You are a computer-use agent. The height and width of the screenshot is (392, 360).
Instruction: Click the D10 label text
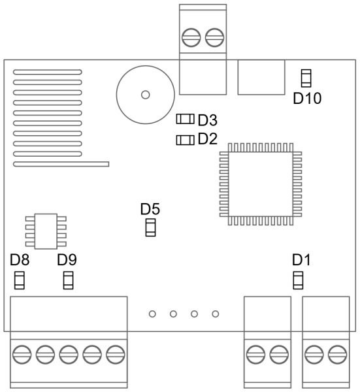point(307,98)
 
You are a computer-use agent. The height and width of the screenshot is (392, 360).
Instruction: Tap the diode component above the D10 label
point(306,78)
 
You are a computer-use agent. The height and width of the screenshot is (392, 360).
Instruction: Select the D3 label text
point(208,120)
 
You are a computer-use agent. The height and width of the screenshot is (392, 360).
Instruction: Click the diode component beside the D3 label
point(186,119)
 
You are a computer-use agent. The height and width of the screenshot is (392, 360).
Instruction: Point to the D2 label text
point(208,139)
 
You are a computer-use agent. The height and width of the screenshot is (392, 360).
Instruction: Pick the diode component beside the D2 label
point(186,140)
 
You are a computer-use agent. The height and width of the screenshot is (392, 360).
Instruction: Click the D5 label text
point(150,209)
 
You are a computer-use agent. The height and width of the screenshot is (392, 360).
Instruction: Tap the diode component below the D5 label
point(150,227)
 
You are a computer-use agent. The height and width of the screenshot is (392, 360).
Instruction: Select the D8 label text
point(20,260)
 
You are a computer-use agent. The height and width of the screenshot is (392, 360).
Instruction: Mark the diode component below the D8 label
point(19,280)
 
